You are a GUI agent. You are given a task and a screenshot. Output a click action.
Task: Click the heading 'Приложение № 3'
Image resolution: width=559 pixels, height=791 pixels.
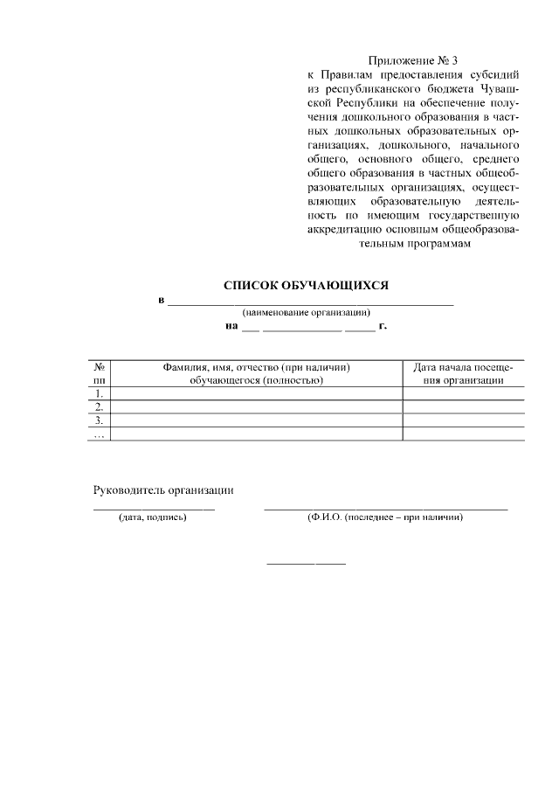point(413,60)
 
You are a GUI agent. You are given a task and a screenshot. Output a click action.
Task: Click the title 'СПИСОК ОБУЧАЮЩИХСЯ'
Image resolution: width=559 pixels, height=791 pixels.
point(306,285)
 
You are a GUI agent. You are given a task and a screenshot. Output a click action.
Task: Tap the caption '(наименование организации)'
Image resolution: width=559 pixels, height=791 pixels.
point(306,312)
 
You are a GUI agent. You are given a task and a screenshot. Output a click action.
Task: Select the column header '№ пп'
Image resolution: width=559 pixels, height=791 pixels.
point(100,373)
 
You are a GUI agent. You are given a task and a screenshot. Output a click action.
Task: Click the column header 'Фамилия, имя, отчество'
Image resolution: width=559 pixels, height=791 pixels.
point(257,373)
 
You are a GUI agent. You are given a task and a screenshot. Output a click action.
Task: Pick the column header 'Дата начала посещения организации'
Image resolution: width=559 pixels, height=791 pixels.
point(463,373)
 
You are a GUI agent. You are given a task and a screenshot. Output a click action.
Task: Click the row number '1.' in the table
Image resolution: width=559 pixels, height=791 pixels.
point(100,393)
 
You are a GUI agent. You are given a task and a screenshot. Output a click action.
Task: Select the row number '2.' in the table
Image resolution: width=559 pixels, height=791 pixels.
point(100,406)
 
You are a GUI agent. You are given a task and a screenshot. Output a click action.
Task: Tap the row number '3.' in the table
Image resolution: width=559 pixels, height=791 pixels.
point(100,420)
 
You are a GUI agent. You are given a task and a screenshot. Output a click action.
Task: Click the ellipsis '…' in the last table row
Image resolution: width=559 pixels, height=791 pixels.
point(100,434)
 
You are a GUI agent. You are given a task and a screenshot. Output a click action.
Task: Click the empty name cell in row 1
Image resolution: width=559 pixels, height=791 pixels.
point(257,393)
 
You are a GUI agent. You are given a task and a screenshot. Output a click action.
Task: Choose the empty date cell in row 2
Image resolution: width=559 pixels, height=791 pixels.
point(463,406)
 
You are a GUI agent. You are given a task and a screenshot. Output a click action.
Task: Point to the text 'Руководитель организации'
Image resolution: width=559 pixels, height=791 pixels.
point(163,490)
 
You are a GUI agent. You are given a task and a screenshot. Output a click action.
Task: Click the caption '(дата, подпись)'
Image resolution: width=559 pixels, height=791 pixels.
point(153,517)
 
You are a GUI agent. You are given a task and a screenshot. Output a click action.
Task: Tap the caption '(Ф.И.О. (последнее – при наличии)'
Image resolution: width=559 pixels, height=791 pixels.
point(384,517)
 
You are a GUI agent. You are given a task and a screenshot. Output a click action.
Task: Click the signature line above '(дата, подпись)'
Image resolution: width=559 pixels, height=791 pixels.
point(154,508)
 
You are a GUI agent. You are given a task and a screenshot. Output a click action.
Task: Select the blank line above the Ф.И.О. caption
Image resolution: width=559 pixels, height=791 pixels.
point(385,508)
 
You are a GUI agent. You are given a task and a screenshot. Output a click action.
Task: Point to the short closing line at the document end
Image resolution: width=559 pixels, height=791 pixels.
point(306,563)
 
